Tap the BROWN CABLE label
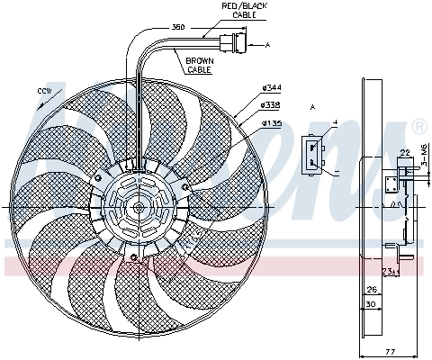click(x=200, y=65)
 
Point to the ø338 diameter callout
click(x=271, y=103)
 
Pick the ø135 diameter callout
click(x=271, y=121)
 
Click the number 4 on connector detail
click(x=334, y=121)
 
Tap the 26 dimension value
click(x=371, y=290)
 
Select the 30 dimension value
click(x=371, y=304)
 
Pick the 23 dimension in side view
click(x=387, y=269)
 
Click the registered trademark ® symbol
click(x=418, y=125)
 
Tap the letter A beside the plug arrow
click(x=266, y=43)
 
